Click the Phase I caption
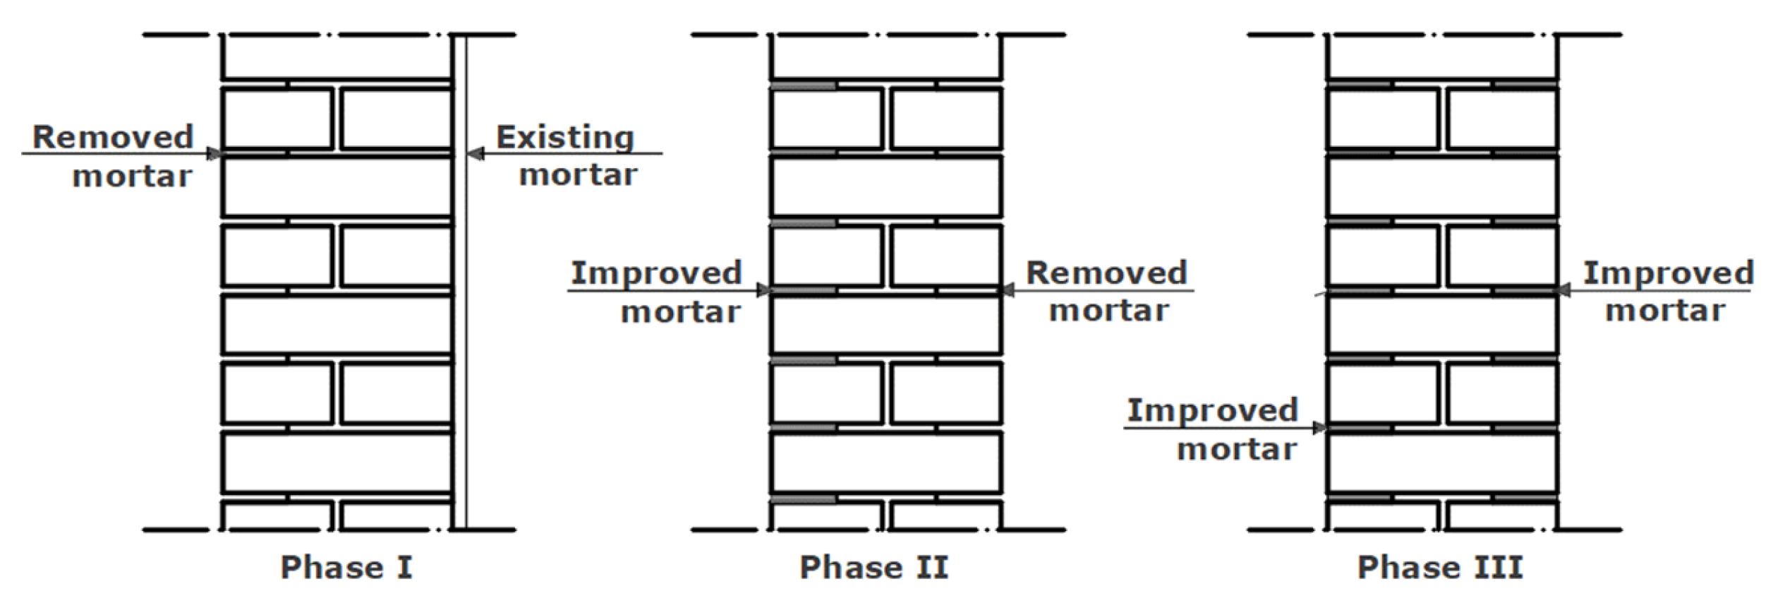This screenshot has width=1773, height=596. coord(346,567)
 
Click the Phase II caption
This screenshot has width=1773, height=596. coord(873,567)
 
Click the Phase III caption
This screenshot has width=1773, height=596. coord(1440,567)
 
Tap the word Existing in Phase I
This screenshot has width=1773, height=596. coord(564,137)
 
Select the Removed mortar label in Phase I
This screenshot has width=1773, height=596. coord(113,156)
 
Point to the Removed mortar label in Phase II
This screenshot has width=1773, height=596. coord(1107,291)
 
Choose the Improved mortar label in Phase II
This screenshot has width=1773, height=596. coord(656,292)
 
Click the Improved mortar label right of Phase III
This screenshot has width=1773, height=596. coord(1667,291)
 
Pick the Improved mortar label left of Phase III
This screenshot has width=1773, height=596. coord(1212,429)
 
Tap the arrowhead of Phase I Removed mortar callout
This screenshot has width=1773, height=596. coord(214,153)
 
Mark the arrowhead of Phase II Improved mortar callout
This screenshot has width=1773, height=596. coord(763,290)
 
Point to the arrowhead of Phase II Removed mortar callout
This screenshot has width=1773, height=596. coord(1008,290)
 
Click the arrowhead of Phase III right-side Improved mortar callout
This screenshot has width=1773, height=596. coord(1564,290)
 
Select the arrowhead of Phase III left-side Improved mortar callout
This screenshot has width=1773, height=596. coord(1319,428)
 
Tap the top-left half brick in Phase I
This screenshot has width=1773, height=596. coord(277,119)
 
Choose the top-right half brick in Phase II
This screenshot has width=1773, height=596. coord(945,119)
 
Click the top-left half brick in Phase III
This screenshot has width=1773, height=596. coord(1383,119)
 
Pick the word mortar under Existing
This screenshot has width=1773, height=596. coord(578,174)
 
